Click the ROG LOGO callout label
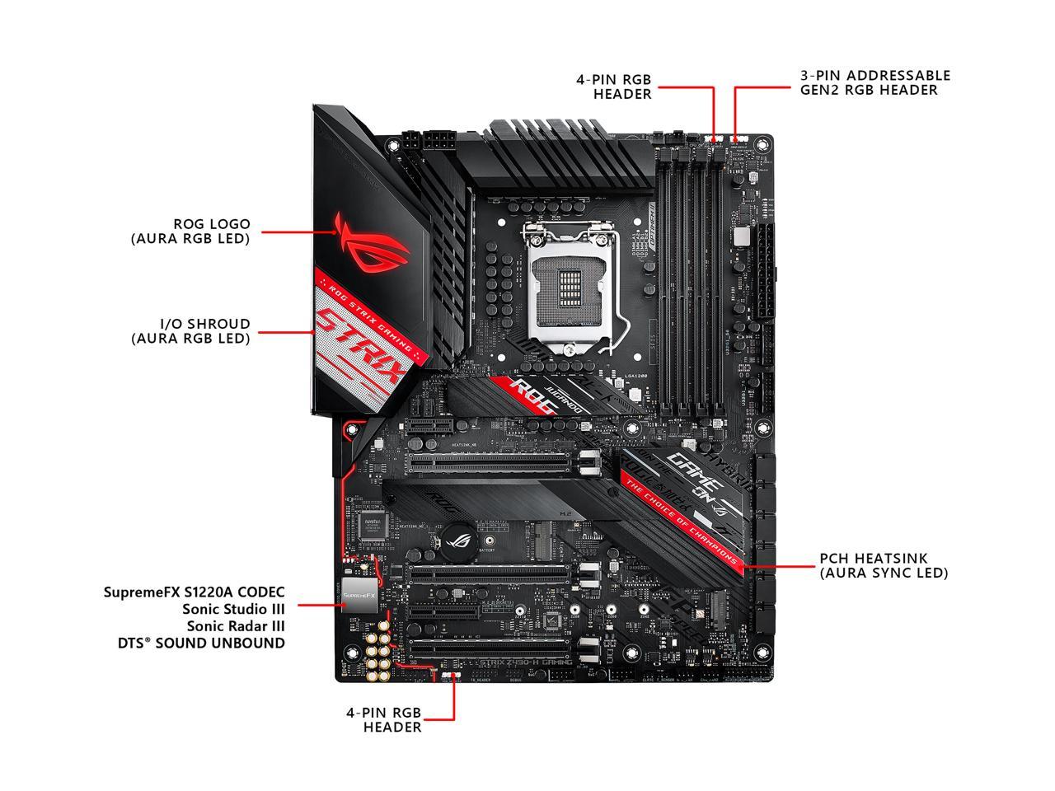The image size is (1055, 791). pos(190,231)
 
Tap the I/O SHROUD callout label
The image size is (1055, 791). pos(190,330)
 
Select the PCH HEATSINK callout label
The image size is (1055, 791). pos(884,565)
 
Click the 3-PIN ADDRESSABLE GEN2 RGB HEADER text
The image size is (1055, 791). pos(874,82)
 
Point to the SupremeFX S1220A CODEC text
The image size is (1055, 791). pos(195,592)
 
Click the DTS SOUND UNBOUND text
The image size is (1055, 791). pos(201,643)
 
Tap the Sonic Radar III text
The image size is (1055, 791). pos(233,626)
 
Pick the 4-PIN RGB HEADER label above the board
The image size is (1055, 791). pos(613,87)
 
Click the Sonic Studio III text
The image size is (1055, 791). pos(233,609)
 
